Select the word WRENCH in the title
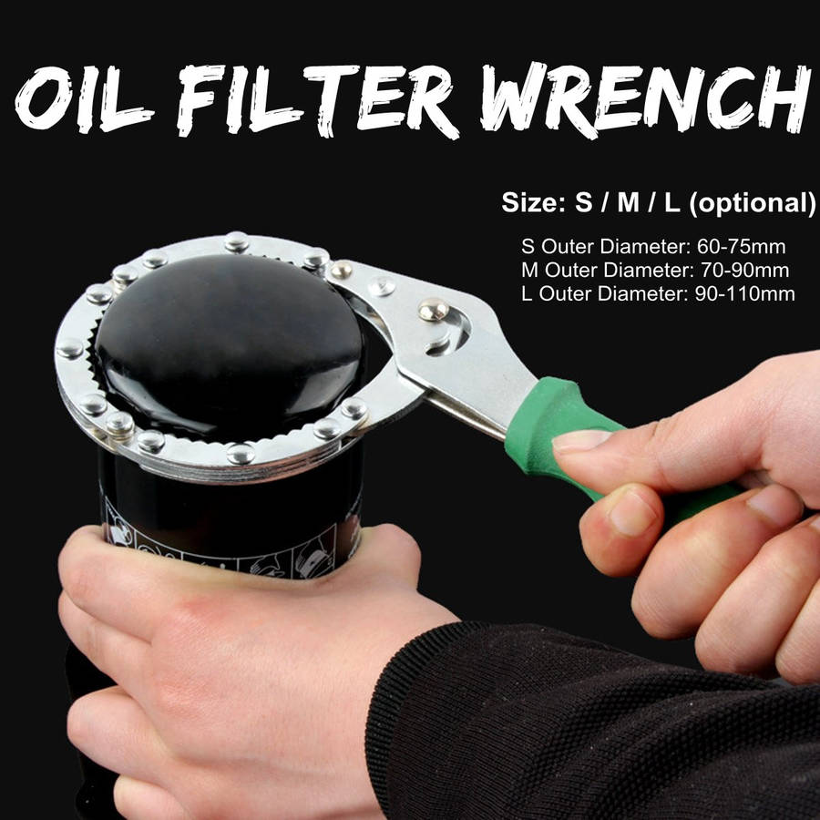[x=645, y=100]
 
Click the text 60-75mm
[x=741, y=246]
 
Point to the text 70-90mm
[x=744, y=270]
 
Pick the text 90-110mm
[x=744, y=293]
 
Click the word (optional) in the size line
[x=753, y=203]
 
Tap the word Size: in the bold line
[x=533, y=202]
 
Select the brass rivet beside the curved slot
[x=434, y=309]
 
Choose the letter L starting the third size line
[x=526, y=293]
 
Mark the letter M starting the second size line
[x=529, y=270]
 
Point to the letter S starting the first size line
[x=528, y=246]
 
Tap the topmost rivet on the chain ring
[x=237, y=241]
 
